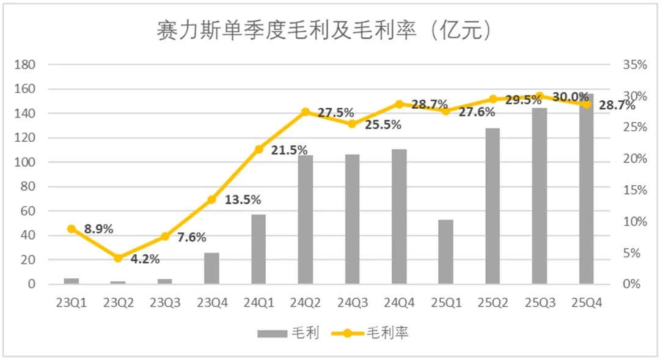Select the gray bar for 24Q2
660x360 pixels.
click(x=306, y=220)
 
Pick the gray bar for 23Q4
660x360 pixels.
click(x=211, y=269)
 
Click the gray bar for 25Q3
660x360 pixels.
click(x=540, y=196)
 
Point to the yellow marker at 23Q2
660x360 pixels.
click(x=118, y=258)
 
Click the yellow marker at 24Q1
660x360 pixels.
click(x=258, y=149)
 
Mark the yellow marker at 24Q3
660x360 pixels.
click(x=352, y=124)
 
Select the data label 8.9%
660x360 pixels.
click(x=99, y=229)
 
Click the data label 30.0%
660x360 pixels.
click(x=571, y=97)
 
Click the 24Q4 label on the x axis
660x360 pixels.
click(x=399, y=303)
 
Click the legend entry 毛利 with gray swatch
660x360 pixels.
click(x=287, y=333)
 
